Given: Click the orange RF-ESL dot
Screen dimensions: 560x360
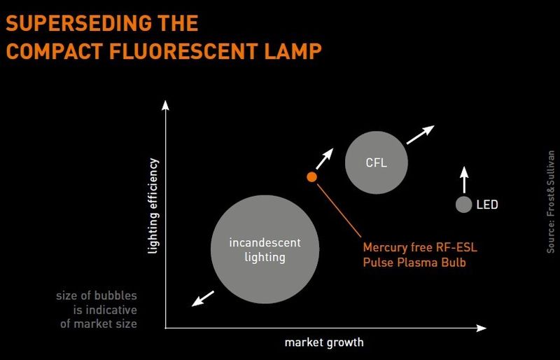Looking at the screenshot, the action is [x=311, y=176].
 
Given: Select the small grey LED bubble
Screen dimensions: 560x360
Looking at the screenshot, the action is [x=464, y=205].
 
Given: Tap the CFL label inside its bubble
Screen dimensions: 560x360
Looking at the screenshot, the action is [x=377, y=163].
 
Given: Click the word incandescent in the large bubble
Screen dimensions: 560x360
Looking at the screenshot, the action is [x=265, y=243].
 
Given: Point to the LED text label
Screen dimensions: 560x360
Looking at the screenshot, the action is [x=487, y=205].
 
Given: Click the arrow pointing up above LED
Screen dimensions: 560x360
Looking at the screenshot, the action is [x=464, y=180].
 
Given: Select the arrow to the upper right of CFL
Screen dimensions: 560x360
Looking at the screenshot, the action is [x=421, y=134].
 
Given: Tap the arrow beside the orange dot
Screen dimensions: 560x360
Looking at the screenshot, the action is [x=325, y=159].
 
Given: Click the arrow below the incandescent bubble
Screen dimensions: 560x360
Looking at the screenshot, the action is [x=203, y=298].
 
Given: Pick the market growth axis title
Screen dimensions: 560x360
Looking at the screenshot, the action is [x=324, y=342].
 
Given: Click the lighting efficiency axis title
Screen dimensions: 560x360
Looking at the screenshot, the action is [x=153, y=206].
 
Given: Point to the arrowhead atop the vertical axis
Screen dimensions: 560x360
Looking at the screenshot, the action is [x=165, y=105].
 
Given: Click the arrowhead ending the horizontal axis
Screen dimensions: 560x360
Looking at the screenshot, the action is [x=481, y=328].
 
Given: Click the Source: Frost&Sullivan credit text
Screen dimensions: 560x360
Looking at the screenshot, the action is [x=551, y=202].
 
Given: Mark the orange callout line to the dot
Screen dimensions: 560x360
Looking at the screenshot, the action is [x=339, y=210].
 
